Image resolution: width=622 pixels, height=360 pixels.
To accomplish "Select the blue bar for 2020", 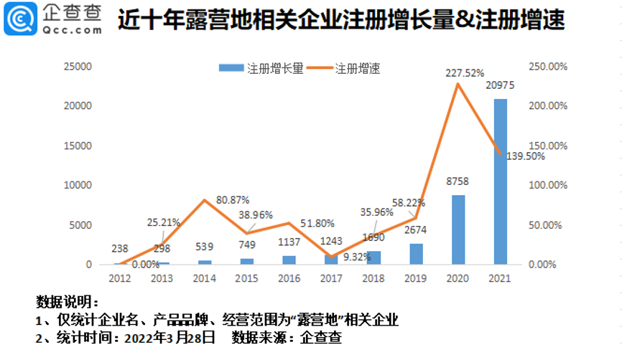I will pos(458,229).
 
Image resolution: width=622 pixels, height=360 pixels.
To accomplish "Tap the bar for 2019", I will pos(417,254).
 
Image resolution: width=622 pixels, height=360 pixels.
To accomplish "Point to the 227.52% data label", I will pos(465,72).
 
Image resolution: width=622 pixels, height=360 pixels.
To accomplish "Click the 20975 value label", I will pos(501,86).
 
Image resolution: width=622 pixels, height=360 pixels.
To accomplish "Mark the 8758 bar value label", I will pos(458,183).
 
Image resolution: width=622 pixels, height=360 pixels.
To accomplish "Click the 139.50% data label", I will pos(525,156).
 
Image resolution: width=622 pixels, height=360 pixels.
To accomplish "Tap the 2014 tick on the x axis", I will pos(205,278).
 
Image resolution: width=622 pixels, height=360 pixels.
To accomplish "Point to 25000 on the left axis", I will pos(78,67).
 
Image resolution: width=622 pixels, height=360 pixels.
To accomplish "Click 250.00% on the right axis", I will pos(549,67).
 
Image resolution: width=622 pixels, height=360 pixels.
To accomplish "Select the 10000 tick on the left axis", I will pos(78,185).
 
